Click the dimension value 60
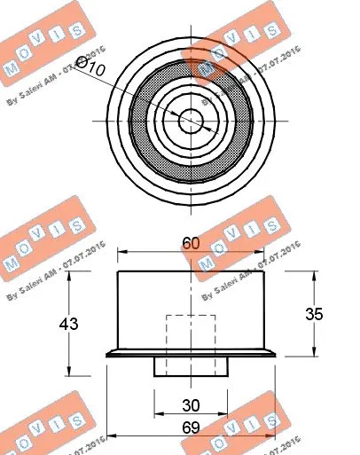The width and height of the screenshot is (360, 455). click(192, 241)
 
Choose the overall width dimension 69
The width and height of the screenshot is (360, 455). click(192, 426)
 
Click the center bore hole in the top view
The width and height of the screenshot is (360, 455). click(192, 120)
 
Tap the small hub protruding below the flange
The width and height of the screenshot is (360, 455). click(192, 366)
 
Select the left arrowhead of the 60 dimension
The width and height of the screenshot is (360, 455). click(122, 253)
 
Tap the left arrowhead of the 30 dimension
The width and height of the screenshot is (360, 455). click(158, 415)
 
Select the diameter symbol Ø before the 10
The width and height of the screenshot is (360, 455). click(81, 63)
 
